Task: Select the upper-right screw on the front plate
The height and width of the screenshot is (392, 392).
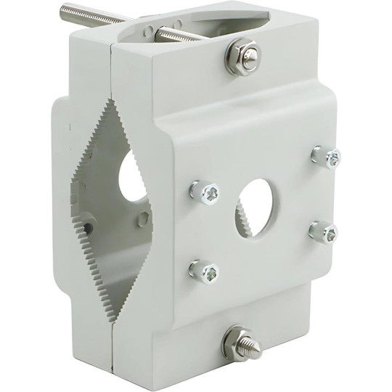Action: (x=326, y=157)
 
